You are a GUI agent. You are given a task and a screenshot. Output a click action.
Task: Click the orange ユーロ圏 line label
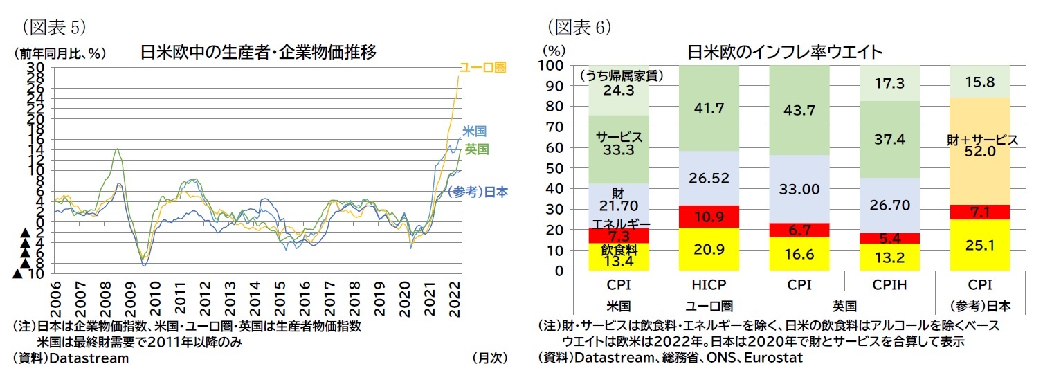tap(483, 68)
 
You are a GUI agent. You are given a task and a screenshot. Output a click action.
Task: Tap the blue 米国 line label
tap(475, 131)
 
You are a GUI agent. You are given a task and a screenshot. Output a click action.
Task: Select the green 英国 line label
tap(477, 149)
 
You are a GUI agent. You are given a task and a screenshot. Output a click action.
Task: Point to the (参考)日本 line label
tap(478, 192)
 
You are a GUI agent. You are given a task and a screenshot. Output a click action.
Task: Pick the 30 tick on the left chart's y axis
tap(36, 67)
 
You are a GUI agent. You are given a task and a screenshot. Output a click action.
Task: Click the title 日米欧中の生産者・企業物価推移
tap(258, 52)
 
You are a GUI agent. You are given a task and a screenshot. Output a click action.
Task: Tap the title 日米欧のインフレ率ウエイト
tap(784, 52)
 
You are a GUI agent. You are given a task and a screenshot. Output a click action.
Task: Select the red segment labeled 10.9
tap(709, 217)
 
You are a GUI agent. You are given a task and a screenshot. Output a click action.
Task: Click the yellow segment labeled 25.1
tap(981, 245)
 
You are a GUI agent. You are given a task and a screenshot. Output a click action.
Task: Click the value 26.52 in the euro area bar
tap(709, 179)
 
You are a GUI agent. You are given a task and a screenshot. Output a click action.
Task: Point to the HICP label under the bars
tap(709, 284)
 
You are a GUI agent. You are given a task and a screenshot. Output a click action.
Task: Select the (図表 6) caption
tap(579, 27)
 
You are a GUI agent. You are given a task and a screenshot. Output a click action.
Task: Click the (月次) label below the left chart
tap(489, 358)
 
